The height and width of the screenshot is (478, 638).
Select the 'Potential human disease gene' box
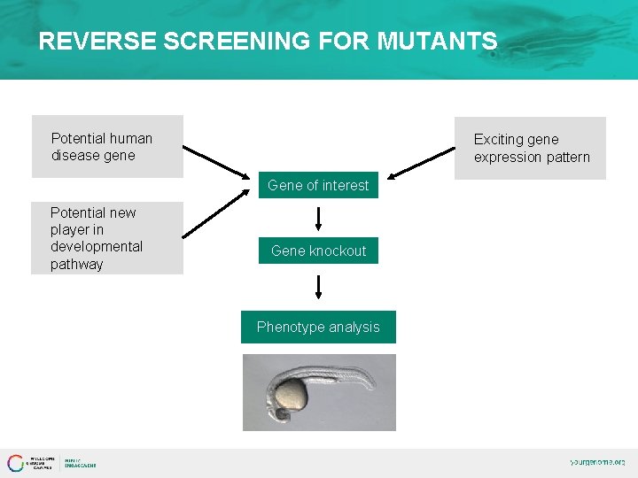tap(107, 147)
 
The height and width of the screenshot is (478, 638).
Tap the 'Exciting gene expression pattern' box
tap(530, 148)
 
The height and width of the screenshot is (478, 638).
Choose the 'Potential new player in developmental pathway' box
tap(107, 238)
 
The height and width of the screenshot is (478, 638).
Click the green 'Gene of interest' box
tap(318, 185)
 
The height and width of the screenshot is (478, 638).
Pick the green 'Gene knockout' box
tap(318, 251)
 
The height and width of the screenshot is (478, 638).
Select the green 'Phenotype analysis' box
tap(318, 327)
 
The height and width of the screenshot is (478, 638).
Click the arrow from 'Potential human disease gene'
tap(217, 162)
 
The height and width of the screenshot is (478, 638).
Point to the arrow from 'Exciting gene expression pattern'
tap(421, 163)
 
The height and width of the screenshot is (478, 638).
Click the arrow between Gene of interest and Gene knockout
tap(318, 218)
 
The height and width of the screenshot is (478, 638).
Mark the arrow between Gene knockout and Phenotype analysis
tap(318, 287)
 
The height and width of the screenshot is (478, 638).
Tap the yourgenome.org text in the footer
tap(596, 462)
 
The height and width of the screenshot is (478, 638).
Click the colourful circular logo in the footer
tap(16, 463)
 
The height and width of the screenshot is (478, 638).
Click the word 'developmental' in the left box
tap(96, 246)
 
